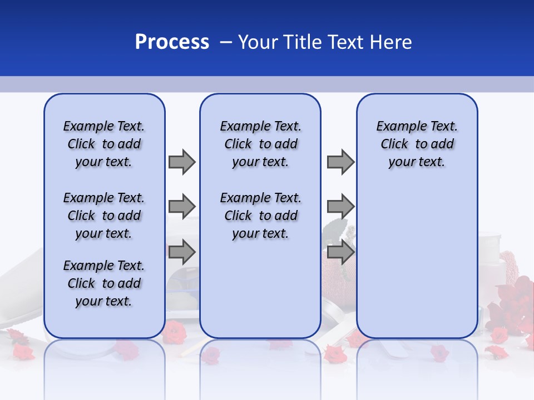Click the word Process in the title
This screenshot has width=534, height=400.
click(172, 42)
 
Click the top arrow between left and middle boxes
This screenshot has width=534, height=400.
click(182, 162)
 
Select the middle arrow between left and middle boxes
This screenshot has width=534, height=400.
click(182, 206)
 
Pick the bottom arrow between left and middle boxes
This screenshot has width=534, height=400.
click(182, 252)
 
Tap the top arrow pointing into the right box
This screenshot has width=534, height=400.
click(340, 162)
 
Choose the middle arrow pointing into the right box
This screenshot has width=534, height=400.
click(340, 206)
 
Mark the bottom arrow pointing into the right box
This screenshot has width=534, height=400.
click(340, 252)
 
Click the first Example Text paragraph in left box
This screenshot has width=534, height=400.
click(104, 144)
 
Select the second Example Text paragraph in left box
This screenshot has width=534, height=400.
click(104, 216)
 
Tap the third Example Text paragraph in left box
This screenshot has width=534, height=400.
click(104, 283)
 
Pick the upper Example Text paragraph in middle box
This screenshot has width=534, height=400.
click(260, 144)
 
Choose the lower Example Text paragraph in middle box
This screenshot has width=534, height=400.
click(260, 216)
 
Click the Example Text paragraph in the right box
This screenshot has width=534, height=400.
click(417, 144)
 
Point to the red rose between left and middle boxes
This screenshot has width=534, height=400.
click(175, 332)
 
